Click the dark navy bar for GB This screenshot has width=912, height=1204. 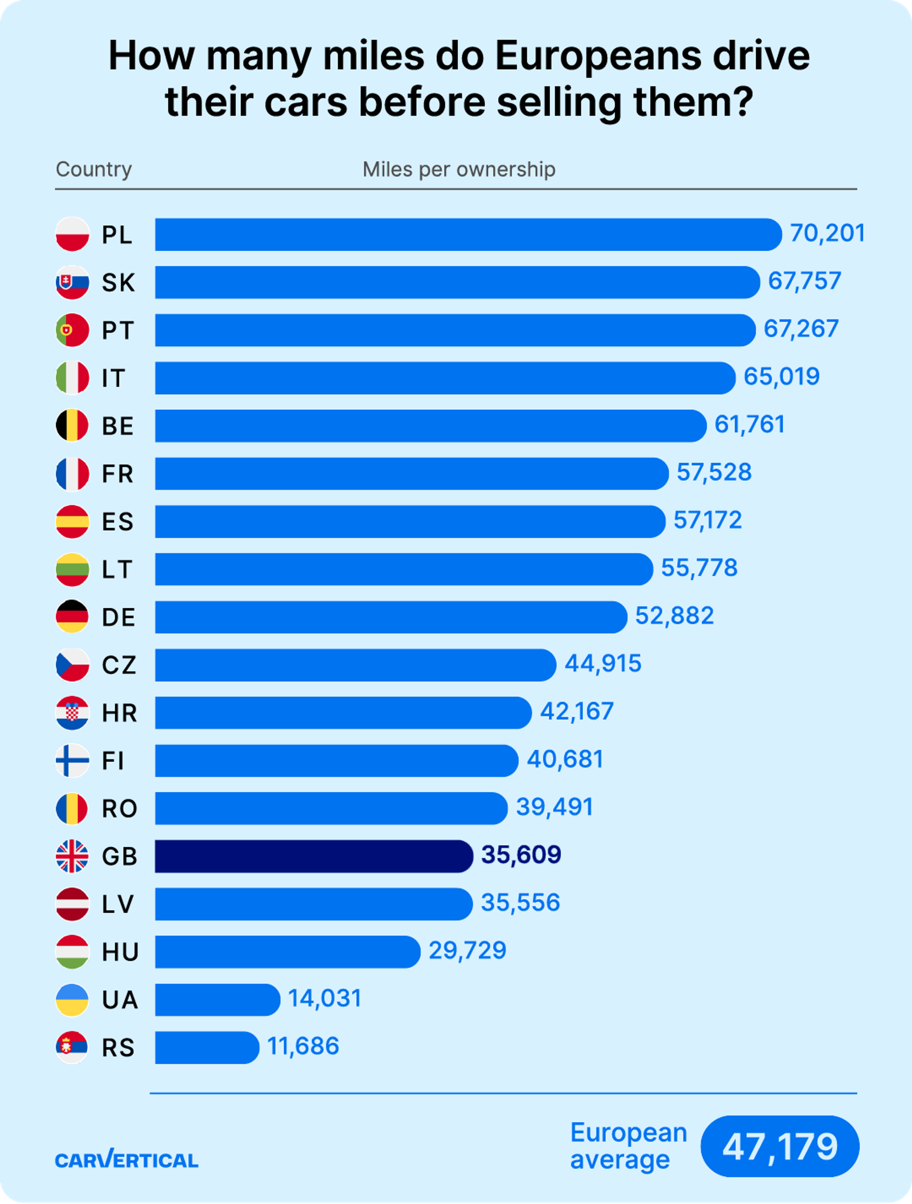(314, 856)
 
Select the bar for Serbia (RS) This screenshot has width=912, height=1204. (207, 1047)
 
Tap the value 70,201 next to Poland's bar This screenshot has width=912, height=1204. (827, 233)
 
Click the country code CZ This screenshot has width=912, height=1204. (119, 665)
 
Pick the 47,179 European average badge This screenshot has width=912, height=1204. (780, 1146)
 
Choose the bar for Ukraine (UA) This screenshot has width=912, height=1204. (217, 999)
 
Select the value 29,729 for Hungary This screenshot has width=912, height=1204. (467, 950)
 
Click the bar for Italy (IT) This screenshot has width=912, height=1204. (445, 378)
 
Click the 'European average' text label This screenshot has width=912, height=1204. (628, 1146)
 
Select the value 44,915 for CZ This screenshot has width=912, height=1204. (603, 664)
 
